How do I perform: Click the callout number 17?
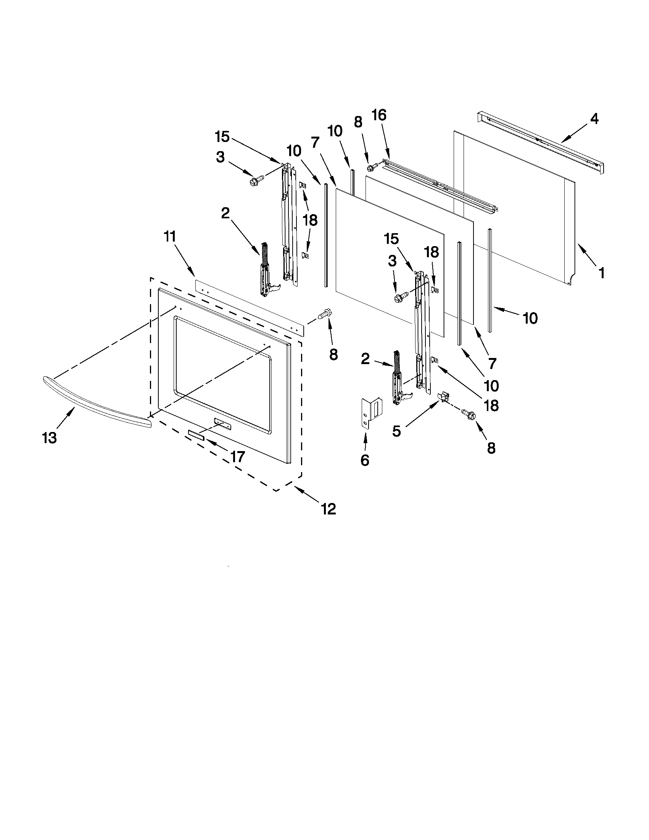(238, 456)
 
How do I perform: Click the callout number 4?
(594, 119)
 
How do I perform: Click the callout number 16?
(379, 115)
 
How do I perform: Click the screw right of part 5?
(469, 415)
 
